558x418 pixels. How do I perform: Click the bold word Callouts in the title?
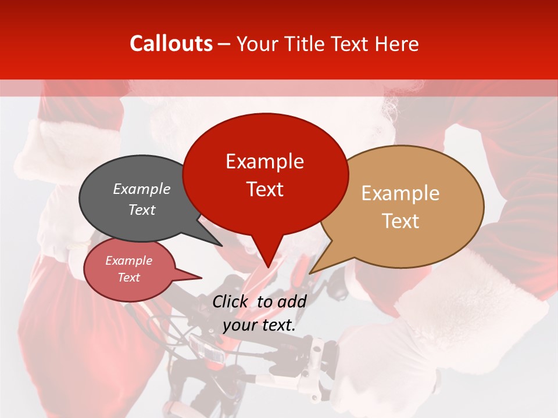pos(171,44)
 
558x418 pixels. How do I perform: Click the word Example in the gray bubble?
pos(142,189)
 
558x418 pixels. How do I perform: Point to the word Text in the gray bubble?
pos(142,210)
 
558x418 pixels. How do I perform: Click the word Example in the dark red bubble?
pos(264,161)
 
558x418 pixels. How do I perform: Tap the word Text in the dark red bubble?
pos(264,189)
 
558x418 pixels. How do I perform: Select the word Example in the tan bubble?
pos(400,193)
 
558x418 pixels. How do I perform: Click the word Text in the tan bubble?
pos(400,221)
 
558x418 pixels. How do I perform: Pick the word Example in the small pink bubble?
pos(128,261)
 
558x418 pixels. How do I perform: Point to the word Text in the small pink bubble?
pos(128,278)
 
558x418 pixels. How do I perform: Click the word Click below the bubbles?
pos(231,301)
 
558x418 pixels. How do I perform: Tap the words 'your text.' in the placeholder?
pos(259,325)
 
